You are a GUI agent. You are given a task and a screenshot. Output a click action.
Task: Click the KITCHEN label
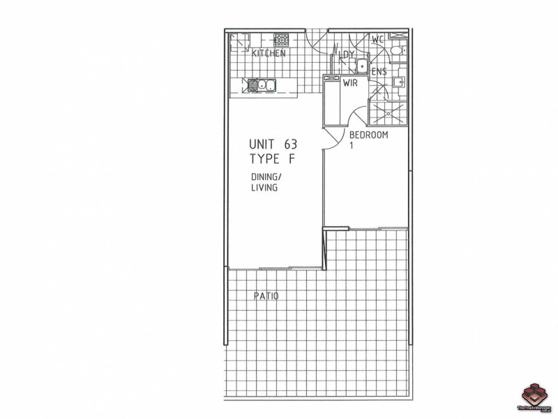[x=269, y=54]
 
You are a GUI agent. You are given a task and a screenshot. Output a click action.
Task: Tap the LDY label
[x=347, y=54]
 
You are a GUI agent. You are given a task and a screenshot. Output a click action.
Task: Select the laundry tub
[x=361, y=66]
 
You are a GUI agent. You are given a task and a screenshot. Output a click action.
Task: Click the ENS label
[x=379, y=71]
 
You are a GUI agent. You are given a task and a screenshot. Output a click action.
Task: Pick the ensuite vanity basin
[x=398, y=82]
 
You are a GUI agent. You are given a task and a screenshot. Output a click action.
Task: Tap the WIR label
[x=350, y=83]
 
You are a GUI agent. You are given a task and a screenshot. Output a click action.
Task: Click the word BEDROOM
[x=368, y=135]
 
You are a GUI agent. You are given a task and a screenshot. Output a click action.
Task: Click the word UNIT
[x=262, y=144]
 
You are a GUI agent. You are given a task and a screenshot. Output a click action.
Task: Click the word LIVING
[x=264, y=187]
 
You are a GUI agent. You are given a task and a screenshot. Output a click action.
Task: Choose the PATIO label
[x=266, y=296]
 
